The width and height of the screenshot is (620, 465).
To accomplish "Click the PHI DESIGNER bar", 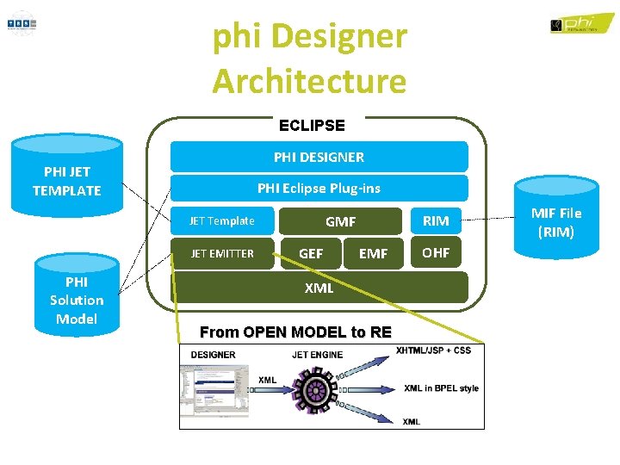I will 319,157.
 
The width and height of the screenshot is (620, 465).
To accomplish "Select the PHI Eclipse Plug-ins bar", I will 319,188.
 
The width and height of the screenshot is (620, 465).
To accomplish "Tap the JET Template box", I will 222,221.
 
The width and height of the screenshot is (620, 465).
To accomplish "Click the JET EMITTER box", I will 222,253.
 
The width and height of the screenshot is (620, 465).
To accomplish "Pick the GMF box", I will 340,221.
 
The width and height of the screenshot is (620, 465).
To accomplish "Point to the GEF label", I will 310,253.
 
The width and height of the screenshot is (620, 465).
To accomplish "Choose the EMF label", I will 373,253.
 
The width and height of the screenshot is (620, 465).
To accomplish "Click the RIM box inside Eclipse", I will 436,221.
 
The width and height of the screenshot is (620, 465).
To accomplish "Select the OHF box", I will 436,252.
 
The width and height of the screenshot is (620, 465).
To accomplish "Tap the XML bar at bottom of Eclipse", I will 319,288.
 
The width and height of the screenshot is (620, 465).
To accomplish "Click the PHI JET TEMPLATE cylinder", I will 66,181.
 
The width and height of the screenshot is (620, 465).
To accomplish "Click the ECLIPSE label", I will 312,125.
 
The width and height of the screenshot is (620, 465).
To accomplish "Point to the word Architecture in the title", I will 309,82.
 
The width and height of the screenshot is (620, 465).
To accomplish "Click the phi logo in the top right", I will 582,23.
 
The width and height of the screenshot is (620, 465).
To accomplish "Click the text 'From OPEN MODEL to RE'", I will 295,332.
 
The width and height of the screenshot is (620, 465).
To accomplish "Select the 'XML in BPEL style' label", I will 441,388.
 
